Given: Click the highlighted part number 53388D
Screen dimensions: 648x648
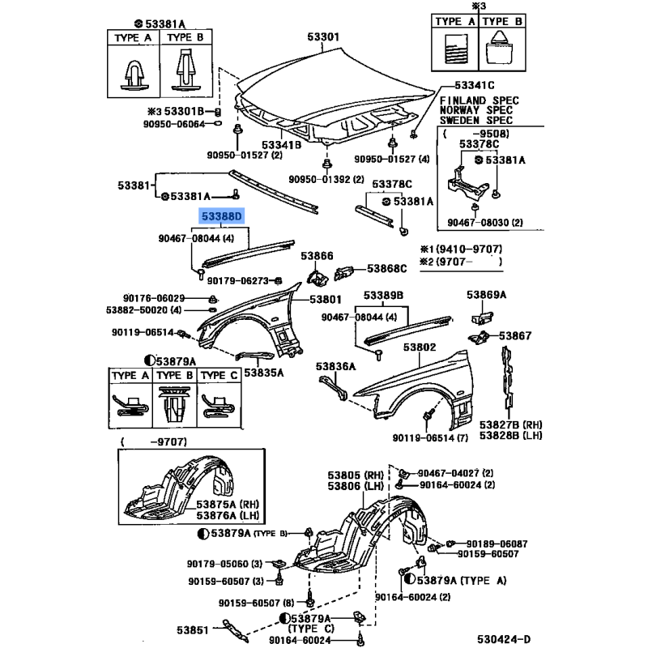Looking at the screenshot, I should coord(224,217).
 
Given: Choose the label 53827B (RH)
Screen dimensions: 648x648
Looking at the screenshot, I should coord(509,423).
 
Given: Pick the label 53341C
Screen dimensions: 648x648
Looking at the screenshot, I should coord(474,85).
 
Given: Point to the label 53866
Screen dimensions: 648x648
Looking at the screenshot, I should coord(317,256).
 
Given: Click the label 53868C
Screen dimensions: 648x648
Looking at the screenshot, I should coord(387,268).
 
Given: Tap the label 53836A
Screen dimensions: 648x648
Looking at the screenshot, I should coord(335,366).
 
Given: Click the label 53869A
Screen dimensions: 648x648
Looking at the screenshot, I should coord(486,296).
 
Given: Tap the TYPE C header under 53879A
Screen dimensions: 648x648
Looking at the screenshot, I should coord(218,376).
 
